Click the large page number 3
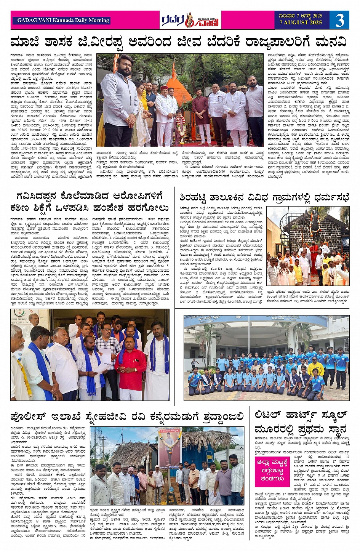click(x=339, y=20)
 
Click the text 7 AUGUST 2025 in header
click(x=301, y=23)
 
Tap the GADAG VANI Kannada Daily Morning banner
click(x=63, y=20)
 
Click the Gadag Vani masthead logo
click(x=190, y=20)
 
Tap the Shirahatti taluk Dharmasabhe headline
click(x=264, y=197)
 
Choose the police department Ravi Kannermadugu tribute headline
click(x=127, y=416)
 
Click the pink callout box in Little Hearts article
click(x=272, y=472)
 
